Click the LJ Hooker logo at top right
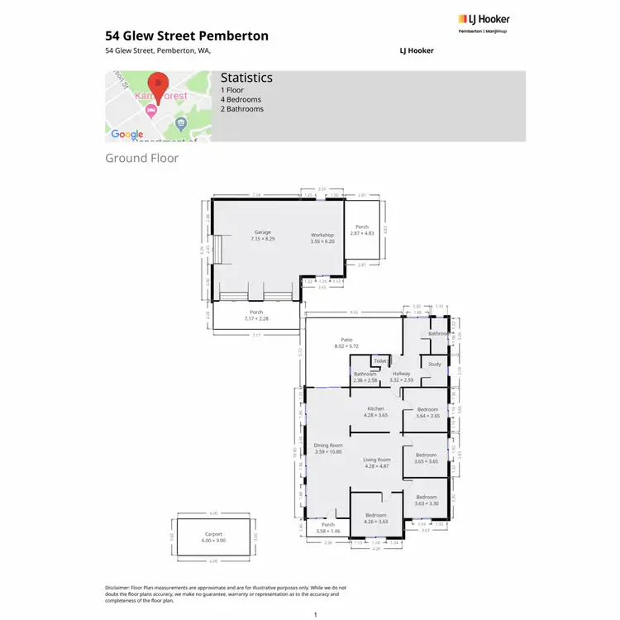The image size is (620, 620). click(484, 20)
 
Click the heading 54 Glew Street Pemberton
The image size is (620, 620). click(187, 36)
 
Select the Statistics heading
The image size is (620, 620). click(246, 78)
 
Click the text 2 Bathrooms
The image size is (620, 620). click(242, 109)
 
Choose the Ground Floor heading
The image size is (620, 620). click(141, 158)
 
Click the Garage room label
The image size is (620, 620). click(263, 232)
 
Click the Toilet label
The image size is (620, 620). click(380, 361)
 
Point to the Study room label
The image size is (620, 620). click(435, 364)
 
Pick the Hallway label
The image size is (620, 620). click(401, 374)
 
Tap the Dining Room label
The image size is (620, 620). click(328, 446)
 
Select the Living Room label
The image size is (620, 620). click(376, 460)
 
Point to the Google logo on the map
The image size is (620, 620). click(126, 134)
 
